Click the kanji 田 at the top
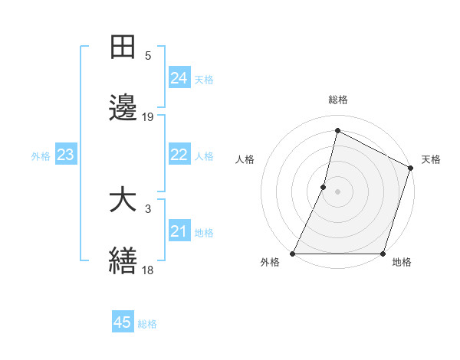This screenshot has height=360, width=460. (x=123, y=47)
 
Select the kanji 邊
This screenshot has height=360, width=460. (x=123, y=109)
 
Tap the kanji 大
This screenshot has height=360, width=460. (x=123, y=201)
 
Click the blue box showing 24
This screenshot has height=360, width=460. (x=179, y=78)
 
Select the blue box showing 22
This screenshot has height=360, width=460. (x=179, y=155)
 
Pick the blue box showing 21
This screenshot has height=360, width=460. (x=179, y=231)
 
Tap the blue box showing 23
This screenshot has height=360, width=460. (x=65, y=155)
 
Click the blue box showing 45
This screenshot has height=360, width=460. (x=123, y=322)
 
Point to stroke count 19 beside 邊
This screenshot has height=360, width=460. (x=148, y=117)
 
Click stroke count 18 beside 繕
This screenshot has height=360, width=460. (x=148, y=270)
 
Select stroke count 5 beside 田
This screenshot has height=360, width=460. (x=148, y=56)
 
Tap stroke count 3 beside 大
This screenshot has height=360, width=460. (x=148, y=209)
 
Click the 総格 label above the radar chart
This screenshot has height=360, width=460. (x=338, y=100)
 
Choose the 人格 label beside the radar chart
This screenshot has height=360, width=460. (x=245, y=159)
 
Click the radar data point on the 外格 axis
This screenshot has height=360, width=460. (x=293, y=254)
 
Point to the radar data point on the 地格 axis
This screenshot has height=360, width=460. (x=383, y=254)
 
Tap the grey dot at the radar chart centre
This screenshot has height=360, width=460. (x=338, y=191)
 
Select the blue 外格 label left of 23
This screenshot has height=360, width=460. (x=41, y=155)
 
